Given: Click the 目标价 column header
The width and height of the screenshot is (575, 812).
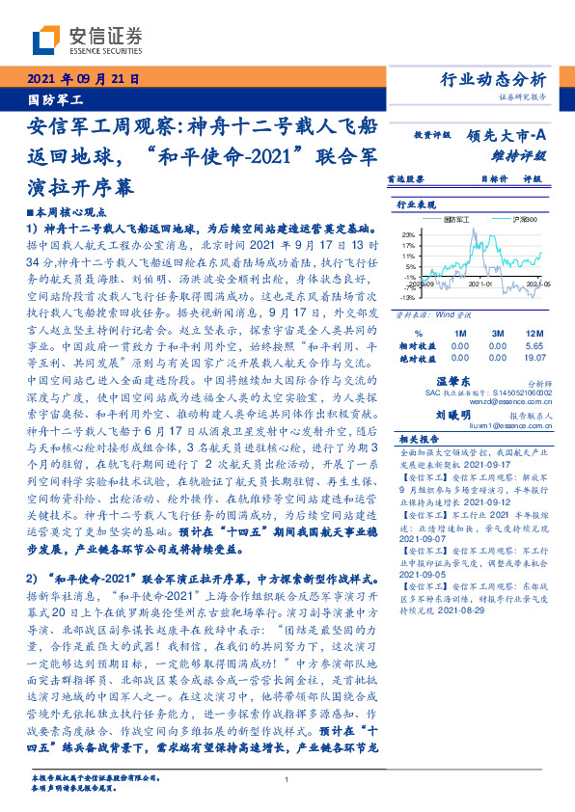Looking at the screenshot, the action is click(493, 178).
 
